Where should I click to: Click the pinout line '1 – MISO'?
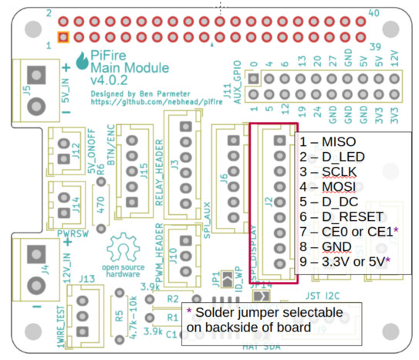(x=329, y=142)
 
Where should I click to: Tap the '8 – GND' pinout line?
(x=327, y=246)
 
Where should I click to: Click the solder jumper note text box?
(x=269, y=319)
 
